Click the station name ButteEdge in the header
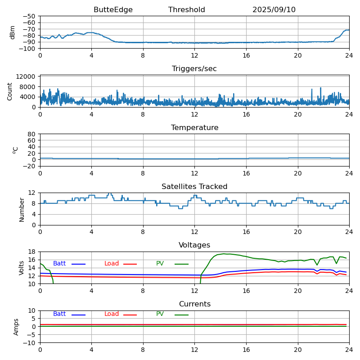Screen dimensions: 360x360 point(113,10)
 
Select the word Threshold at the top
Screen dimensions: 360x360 point(186,10)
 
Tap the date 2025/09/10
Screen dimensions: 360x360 point(274,10)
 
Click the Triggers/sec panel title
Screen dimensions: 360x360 point(194,69)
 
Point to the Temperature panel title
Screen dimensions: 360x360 point(194,128)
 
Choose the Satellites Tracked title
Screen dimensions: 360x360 point(194,187)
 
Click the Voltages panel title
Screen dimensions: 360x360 point(194,245)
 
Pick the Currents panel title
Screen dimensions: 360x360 point(194,304)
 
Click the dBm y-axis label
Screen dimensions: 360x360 point(13,32)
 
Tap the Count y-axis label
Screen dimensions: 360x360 point(10,91)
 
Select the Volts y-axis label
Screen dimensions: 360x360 point(22,268)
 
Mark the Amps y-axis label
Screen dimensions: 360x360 point(16,327)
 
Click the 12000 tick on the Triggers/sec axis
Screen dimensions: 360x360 point(27,77)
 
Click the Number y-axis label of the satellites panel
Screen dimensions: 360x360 point(22,209)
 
